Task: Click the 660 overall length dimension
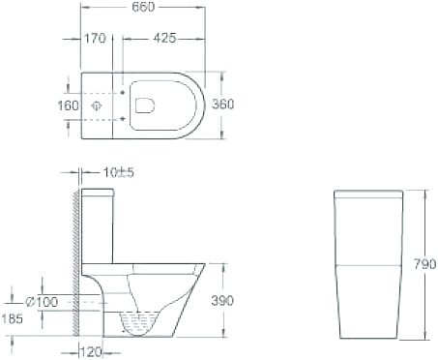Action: click(143, 7)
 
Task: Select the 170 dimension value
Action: click(95, 39)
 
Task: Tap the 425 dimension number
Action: click(164, 38)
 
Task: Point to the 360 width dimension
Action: click(222, 105)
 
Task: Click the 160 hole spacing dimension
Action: click(68, 105)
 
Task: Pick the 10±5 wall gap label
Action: click(118, 172)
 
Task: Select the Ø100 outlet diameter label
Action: click(42, 302)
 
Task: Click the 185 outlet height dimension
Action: click(13, 318)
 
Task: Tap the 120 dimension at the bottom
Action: click(91, 352)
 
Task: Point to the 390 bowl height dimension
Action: click(222, 301)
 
